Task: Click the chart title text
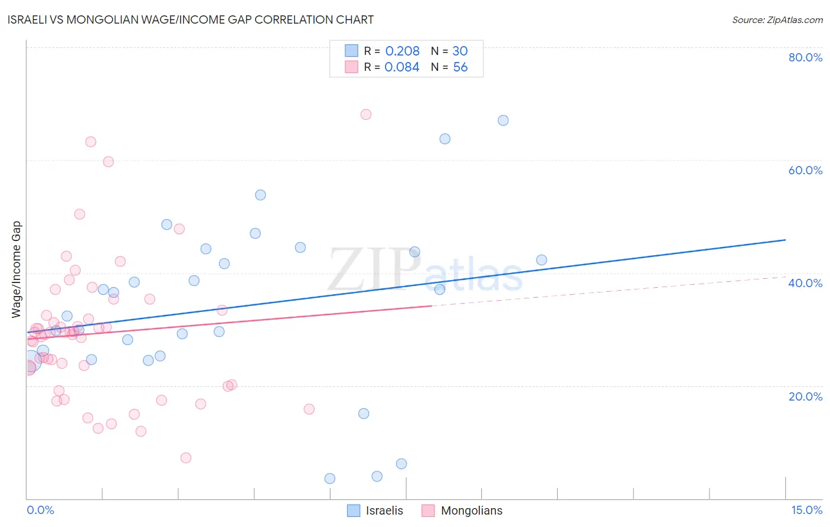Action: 190,19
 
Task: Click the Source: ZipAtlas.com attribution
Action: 777,19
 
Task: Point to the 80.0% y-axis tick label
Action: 805,57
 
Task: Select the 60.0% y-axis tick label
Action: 805,170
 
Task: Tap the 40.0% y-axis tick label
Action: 805,283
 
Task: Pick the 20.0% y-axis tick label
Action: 805,396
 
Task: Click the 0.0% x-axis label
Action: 40,510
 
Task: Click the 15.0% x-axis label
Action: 806,510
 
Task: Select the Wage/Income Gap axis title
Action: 17,269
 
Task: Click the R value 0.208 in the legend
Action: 402,51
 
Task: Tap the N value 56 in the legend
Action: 460,67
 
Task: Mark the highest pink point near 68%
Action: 366,115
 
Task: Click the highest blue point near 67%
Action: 503,121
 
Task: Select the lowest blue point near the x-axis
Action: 330,479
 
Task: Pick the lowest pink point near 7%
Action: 186,458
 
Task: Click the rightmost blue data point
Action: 541,260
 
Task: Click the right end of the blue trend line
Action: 785,240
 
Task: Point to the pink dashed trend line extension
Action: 608,291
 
